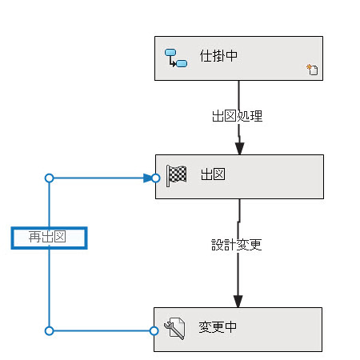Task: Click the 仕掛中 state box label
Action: (218, 56)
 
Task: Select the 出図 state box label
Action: (213, 174)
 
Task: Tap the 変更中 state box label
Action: (218, 327)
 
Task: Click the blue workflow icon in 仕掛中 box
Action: (176, 58)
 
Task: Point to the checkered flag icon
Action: (176, 175)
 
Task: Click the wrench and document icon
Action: (174, 328)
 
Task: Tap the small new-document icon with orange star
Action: (312, 70)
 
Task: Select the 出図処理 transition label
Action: (237, 116)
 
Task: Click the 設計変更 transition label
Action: (236, 245)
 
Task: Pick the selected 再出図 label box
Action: (49, 238)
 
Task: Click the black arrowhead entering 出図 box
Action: (239, 149)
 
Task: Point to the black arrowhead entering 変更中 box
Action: (238, 302)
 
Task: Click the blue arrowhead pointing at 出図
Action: (147, 178)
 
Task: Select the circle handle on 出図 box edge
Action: (156, 178)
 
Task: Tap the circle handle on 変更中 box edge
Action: (154, 331)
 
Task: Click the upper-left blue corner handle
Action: (49, 178)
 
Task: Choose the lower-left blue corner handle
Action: (49, 331)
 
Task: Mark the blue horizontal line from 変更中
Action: (102, 331)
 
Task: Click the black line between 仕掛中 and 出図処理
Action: (238, 95)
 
